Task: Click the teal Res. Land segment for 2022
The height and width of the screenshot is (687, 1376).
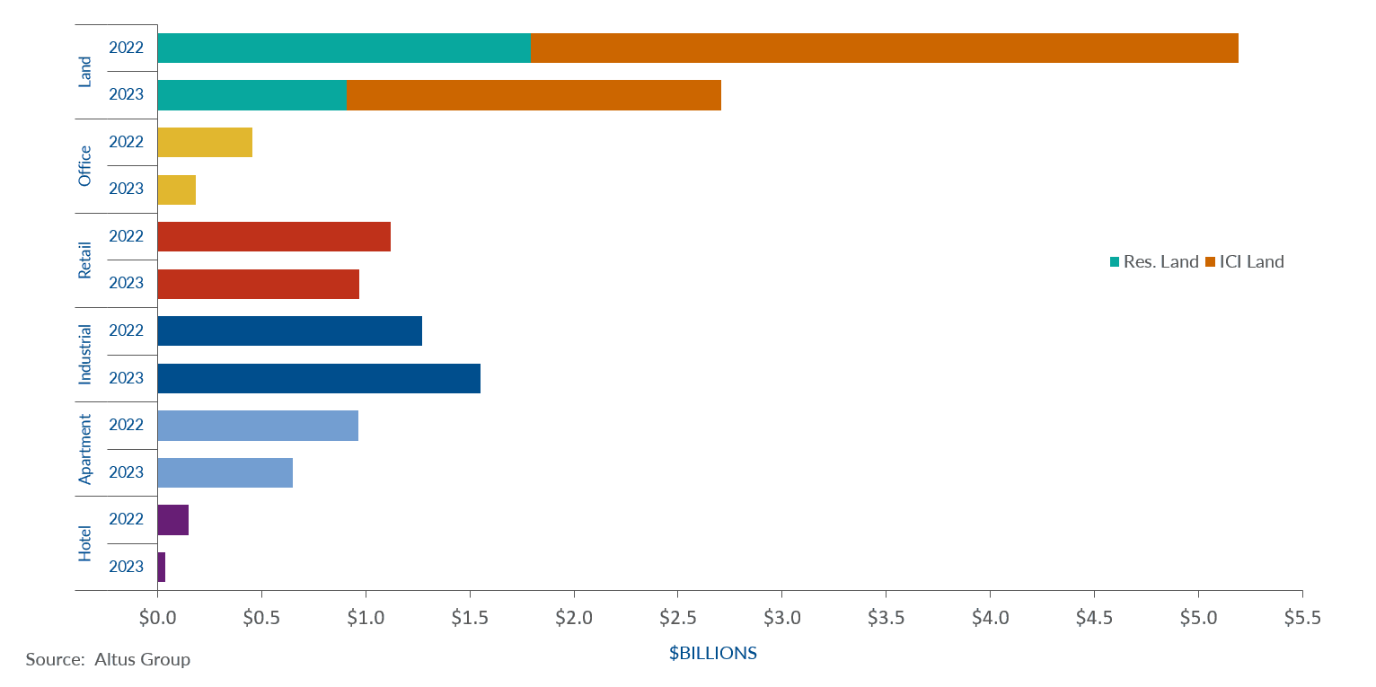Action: click(x=344, y=48)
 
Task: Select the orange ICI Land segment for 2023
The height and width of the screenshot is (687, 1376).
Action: click(x=534, y=95)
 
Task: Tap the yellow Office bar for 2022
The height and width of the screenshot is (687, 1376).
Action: click(x=205, y=142)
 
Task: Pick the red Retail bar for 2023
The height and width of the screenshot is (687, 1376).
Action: click(x=258, y=284)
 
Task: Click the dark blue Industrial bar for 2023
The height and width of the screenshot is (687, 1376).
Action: click(x=319, y=378)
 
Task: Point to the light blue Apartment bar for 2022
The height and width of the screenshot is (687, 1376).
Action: click(x=258, y=426)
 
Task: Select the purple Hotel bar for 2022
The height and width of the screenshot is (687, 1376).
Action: click(x=172, y=520)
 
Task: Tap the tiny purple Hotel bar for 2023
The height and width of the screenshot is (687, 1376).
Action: click(x=162, y=567)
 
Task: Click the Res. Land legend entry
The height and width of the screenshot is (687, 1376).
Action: click(x=1154, y=262)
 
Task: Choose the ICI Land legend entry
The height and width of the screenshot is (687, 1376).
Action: click(x=1245, y=262)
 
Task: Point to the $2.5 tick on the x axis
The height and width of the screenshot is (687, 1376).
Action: click(x=677, y=619)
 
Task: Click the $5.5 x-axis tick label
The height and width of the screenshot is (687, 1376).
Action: click(x=1301, y=619)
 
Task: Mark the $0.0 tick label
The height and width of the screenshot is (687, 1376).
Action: click(x=157, y=619)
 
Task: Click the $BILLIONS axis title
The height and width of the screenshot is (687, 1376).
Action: click(x=713, y=653)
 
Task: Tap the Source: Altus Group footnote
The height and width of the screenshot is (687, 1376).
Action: click(x=108, y=659)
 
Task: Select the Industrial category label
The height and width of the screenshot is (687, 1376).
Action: click(x=85, y=355)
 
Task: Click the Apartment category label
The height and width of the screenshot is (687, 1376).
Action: click(x=85, y=449)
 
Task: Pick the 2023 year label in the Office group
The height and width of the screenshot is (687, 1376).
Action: click(x=126, y=189)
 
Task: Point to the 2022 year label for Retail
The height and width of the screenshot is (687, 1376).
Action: click(x=126, y=236)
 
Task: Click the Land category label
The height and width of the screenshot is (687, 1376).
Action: click(x=85, y=71)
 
